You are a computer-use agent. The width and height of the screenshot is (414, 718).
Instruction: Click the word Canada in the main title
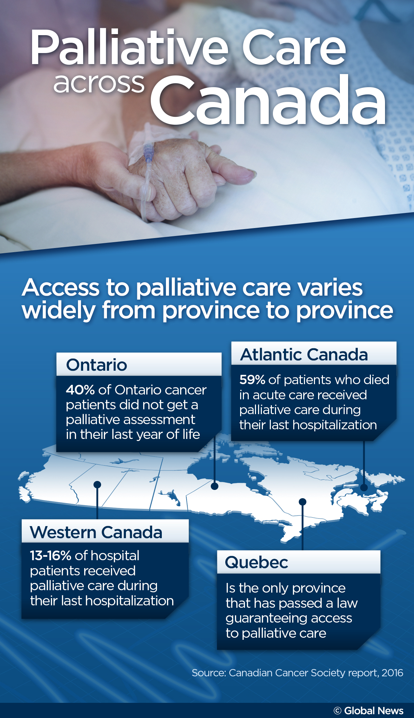click(x=268, y=101)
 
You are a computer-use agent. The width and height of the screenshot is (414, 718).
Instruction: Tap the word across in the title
click(x=99, y=84)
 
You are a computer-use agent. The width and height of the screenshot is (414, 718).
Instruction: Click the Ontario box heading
click(x=97, y=365)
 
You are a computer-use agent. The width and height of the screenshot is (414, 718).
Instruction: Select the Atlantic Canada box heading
click(x=304, y=355)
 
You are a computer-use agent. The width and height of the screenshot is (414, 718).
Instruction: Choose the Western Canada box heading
click(x=96, y=532)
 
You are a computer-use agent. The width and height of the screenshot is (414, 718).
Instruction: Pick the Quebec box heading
click(x=256, y=562)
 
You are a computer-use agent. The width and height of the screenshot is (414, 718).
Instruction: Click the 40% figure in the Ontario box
click(x=80, y=390)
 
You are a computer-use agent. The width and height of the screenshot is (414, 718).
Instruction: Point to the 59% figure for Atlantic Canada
click(x=252, y=380)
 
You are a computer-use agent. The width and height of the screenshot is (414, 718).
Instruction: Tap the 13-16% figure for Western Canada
click(x=50, y=556)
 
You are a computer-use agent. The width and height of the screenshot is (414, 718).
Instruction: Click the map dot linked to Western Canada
click(x=97, y=485)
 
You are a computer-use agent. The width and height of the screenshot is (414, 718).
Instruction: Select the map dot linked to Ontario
click(x=215, y=486)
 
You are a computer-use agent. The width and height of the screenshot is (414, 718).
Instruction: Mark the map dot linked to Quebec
click(x=303, y=502)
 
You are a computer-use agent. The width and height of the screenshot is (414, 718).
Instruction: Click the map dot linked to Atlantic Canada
click(x=364, y=488)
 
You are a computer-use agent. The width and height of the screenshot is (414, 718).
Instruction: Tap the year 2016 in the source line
click(x=392, y=673)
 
